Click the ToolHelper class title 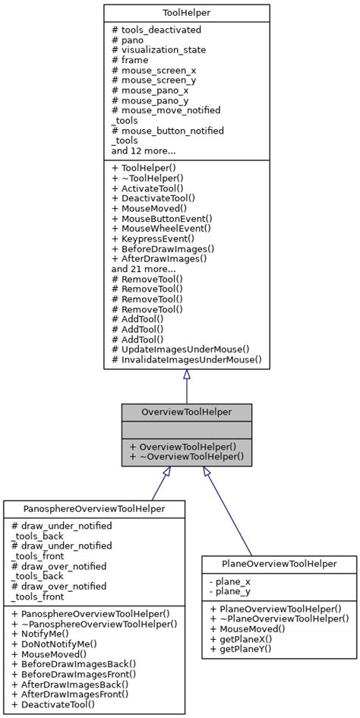186,13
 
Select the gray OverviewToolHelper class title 186,412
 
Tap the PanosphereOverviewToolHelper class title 94,508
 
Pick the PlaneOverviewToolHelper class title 279,564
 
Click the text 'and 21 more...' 144,268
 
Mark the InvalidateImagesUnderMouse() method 186,359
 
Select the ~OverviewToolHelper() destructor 186,457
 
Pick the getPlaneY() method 242,649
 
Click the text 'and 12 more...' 144,150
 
